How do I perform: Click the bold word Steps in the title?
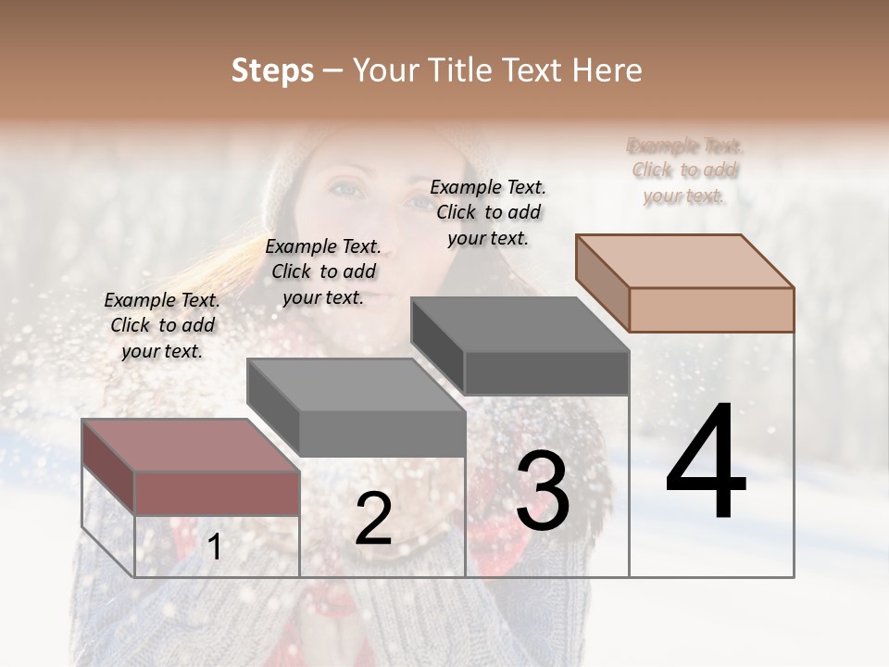click(x=272, y=70)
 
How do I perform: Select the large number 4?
click(x=706, y=462)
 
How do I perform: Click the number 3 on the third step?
click(x=543, y=492)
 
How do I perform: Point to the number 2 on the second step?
click(x=373, y=519)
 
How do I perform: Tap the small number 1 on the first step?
click(x=215, y=547)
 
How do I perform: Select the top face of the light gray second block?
click(x=357, y=384)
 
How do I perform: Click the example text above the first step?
click(x=162, y=325)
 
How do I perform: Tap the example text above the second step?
click(x=323, y=271)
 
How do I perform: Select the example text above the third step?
click(x=488, y=212)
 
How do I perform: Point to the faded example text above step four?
click(x=685, y=170)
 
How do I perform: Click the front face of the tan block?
click(x=711, y=309)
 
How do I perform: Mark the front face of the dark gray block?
click(x=546, y=372)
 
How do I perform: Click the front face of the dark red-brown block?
click(x=217, y=493)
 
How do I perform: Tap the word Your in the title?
click(x=385, y=70)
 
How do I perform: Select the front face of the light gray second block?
click(x=382, y=433)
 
